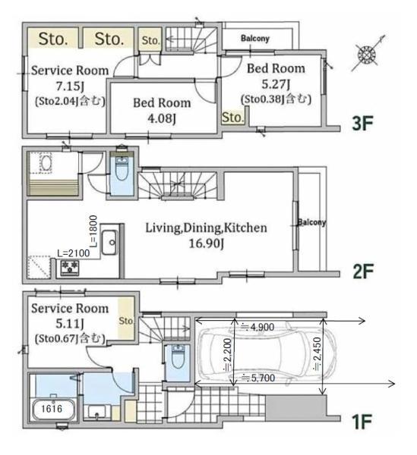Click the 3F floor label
point(362,123)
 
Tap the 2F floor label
point(363,271)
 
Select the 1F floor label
point(362,422)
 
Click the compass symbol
point(368,55)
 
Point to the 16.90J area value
point(207,243)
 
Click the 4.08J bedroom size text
point(162,118)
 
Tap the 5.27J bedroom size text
point(276,84)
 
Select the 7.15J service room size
point(70,86)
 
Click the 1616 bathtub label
point(52,409)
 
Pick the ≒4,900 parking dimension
point(257,327)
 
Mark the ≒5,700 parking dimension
point(258,378)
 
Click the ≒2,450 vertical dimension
point(317,353)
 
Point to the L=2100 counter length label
point(74,253)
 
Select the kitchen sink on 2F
point(110,242)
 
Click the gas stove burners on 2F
point(70,268)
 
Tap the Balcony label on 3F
point(255,38)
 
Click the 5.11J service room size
point(70,324)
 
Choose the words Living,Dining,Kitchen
point(206,227)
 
